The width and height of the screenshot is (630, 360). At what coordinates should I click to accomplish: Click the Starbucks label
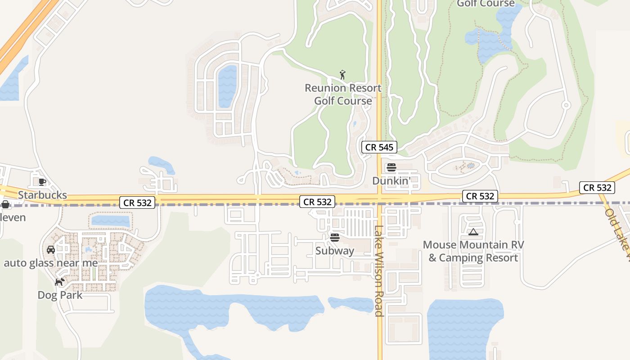[x=42, y=195]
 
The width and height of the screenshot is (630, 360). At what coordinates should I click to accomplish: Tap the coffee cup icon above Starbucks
[x=42, y=182]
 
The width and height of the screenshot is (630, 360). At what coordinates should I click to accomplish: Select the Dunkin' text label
[x=391, y=180]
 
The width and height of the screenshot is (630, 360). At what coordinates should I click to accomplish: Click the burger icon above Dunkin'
[x=391, y=168]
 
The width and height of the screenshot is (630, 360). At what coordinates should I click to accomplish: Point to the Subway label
[x=334, y=251]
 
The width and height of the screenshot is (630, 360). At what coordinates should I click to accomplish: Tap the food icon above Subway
[x=334, y=237]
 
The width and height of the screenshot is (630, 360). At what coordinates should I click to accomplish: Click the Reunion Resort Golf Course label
[x=343, y=94]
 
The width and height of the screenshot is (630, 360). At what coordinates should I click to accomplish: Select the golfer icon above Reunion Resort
[x=342, y=75]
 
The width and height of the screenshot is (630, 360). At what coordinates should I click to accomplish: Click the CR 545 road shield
[x=379, y=147]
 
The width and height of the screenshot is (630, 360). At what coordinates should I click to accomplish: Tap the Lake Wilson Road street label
[x=379, y=270]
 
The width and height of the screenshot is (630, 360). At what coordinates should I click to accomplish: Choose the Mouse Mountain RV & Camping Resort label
[x=473, y=252]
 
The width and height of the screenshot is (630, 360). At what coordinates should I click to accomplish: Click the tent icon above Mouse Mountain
[x=473, y=232]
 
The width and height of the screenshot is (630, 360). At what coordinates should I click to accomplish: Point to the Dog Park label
[x=60, y=295]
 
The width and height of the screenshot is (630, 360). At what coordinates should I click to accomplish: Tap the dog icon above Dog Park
[x=59, y=282]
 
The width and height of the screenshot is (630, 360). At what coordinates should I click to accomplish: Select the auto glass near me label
[x=51, y=263]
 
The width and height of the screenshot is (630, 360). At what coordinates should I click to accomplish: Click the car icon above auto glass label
[x=51, y=250]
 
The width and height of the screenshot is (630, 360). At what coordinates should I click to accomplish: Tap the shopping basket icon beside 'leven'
[x=5, y=205]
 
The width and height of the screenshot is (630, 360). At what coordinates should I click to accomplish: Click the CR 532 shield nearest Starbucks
[x=138, y=202]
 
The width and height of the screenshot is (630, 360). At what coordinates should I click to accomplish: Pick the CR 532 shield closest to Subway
[x=318, y=202]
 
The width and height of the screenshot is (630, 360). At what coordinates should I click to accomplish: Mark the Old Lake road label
[x=617, y=234]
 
